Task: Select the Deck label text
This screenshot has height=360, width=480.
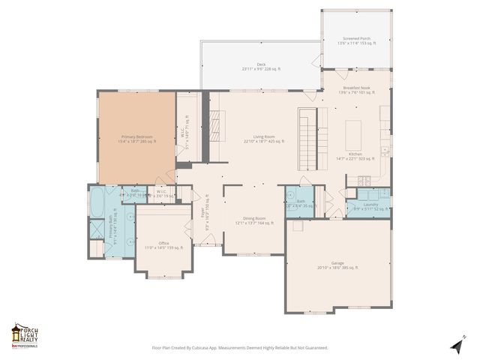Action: (261, 67)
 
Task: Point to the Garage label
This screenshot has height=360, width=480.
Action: (337, 265)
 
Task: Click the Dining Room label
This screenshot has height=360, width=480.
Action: (250, 220)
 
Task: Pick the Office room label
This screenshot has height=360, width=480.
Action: (163, 245)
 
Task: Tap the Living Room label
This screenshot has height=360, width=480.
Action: (263, 139)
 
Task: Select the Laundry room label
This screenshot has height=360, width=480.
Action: (370, 206)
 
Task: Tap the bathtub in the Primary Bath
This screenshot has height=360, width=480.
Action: (97, 201)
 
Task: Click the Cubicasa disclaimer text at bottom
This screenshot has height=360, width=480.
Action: (240, 347)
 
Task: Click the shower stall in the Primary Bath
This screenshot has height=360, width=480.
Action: (97, 229)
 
